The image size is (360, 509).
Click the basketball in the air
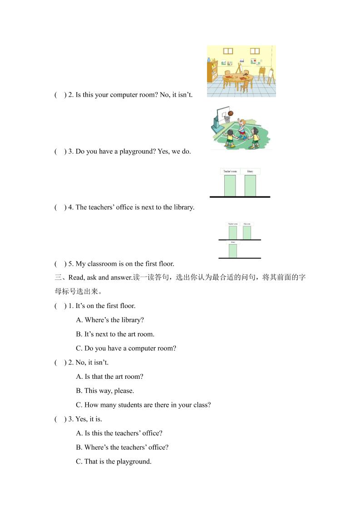coord(231,113)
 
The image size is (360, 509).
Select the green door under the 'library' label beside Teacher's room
coord(250,186)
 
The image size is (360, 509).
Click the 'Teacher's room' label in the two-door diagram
coord(230,171)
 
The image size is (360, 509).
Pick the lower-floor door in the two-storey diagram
coord(233,251)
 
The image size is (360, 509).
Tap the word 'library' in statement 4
coord(184,207)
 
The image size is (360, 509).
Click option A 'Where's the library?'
coord(110,320)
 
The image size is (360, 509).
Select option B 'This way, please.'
coord(105,391)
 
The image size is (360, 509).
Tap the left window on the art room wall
coord(228,51)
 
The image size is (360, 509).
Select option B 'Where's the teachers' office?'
coord(122,447)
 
